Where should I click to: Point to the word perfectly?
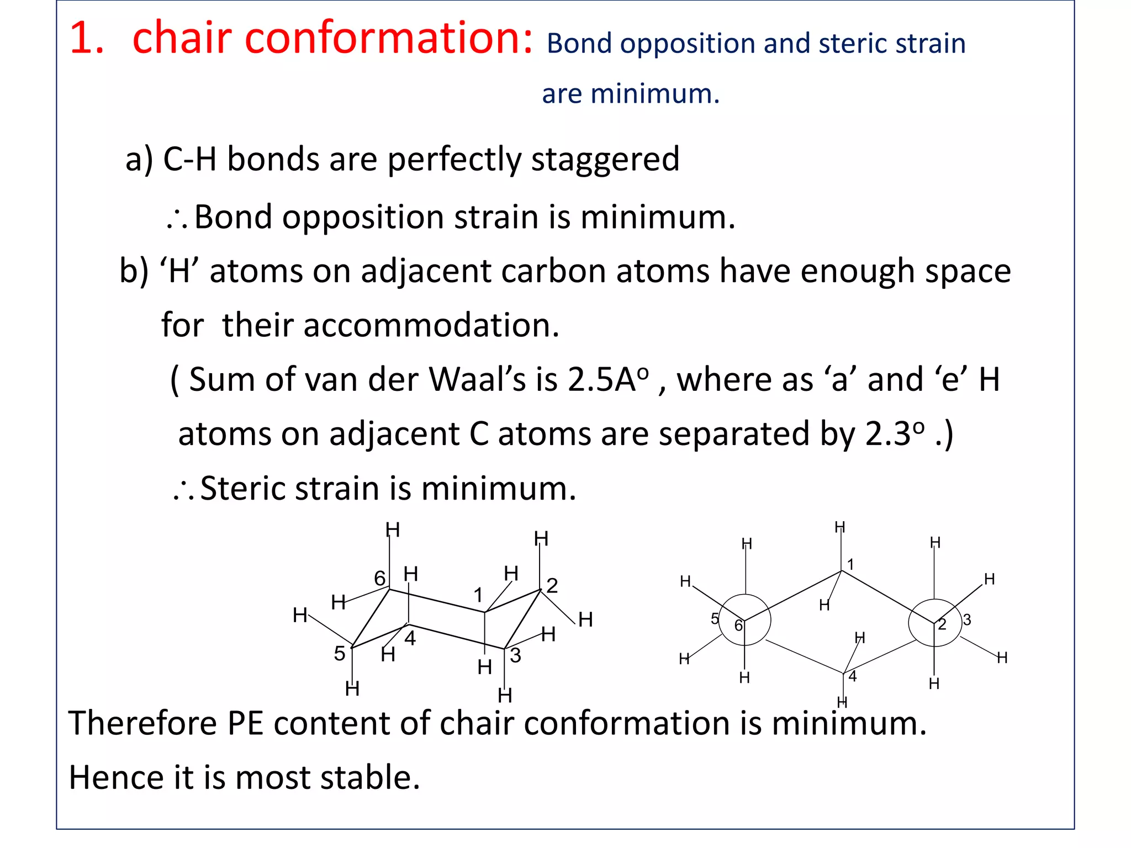[454, 160]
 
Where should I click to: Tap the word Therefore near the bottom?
[142, 723]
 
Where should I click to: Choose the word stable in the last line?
[370, 777]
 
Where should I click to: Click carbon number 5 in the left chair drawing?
[340, 654]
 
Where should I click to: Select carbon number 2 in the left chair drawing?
[552, 585]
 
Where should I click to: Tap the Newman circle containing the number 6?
[745, 620]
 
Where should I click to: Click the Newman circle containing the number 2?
[934, 622]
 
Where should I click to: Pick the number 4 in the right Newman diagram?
[853, 676]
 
